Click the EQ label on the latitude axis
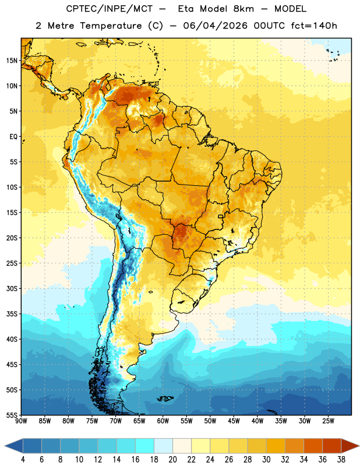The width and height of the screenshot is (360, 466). click(13, 137)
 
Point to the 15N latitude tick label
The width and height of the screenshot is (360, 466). click(12, 61)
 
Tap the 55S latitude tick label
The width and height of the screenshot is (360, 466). click(12, 415)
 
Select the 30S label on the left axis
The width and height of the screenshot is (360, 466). click(12, 288)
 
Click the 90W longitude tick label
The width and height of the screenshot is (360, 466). click(21, 421)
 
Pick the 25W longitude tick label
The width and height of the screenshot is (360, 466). click(328, 421)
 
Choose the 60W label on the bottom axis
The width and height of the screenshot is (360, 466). click(163, 421)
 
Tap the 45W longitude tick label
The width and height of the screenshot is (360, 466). click(234, 421)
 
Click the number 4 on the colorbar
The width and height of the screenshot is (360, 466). click(23, 460)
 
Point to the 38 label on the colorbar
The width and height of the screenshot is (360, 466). click(341, 460)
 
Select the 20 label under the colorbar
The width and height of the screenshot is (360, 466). click(172, 460)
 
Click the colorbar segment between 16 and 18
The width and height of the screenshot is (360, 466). click(145, 446)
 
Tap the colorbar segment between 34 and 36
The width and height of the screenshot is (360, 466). click(313, 446)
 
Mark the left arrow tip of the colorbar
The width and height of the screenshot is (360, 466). click(5, 446)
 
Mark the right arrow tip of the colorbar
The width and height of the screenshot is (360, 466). click(359, 446)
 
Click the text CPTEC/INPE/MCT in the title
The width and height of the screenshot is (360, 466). click(109, 9)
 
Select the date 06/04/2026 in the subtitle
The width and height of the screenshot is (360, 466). click(215, 26)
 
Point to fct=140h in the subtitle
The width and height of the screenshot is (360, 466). click(314, 26)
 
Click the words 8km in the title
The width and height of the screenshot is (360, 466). click(243, 9)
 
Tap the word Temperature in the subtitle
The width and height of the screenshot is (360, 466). click(111, 26)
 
